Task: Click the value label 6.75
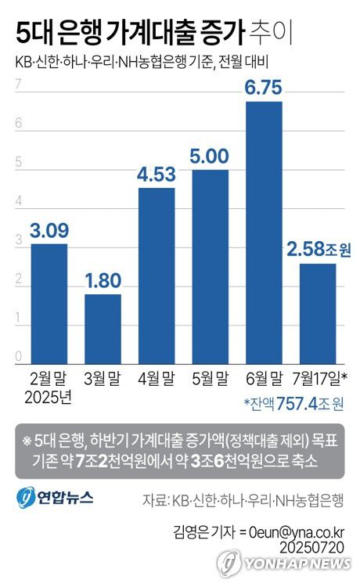tap(264, 88)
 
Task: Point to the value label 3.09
tap(49, 231)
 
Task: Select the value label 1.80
tap(103, 280)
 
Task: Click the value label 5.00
tap(210, 156)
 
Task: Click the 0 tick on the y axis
tap(16, 358)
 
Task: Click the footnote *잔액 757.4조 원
tap(293, 404)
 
